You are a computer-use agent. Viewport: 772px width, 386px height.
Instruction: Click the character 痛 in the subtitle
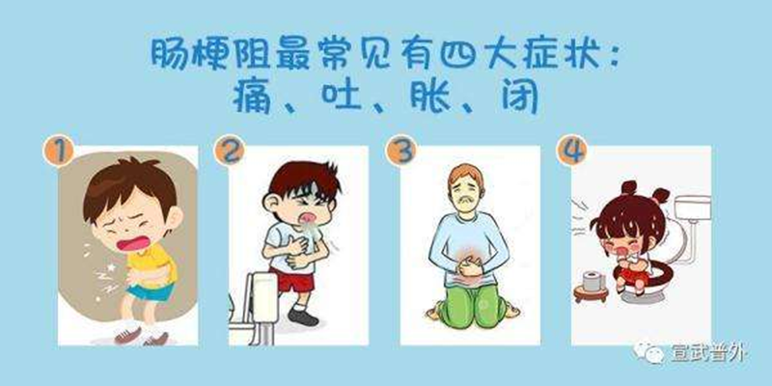click(x=254, y=96)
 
